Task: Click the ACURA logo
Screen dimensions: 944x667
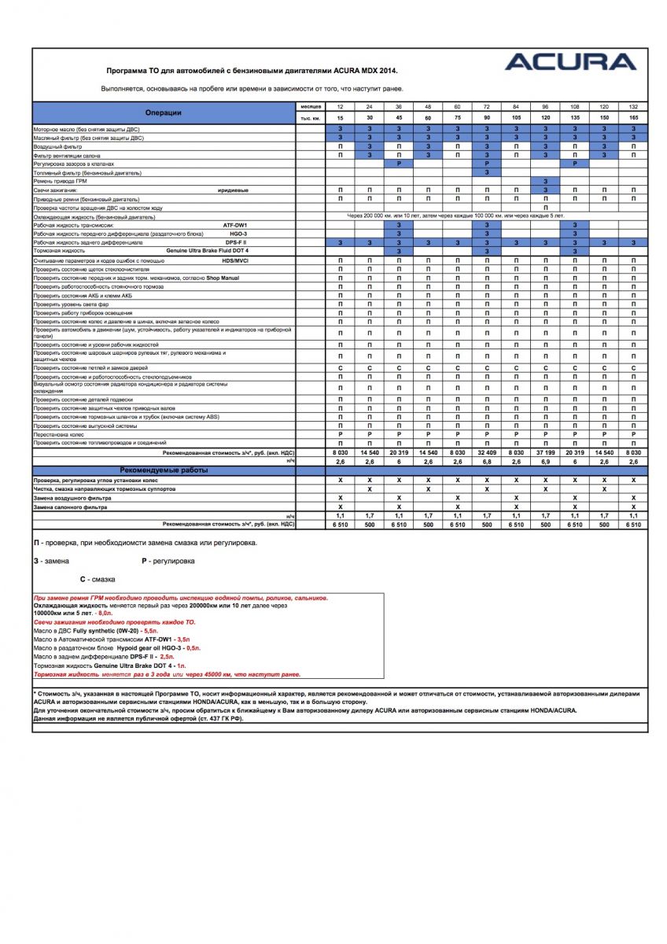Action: point(570,62)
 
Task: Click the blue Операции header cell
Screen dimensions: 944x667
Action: point(163,112)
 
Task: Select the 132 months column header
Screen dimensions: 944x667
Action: point(632,106)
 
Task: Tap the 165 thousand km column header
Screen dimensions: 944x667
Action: point(632,118)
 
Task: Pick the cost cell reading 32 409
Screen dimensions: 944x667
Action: point(487,453)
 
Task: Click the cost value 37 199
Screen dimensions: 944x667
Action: point(546,453)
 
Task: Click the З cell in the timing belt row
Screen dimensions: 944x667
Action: point(546,182)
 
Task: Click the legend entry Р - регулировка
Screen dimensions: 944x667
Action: point(168,561)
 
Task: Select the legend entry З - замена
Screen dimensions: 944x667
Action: point(51,561)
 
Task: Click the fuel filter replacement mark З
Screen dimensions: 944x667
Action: point(487,172)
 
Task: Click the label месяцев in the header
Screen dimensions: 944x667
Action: point(311,106)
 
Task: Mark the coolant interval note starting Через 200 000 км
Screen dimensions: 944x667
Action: point(455,216)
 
